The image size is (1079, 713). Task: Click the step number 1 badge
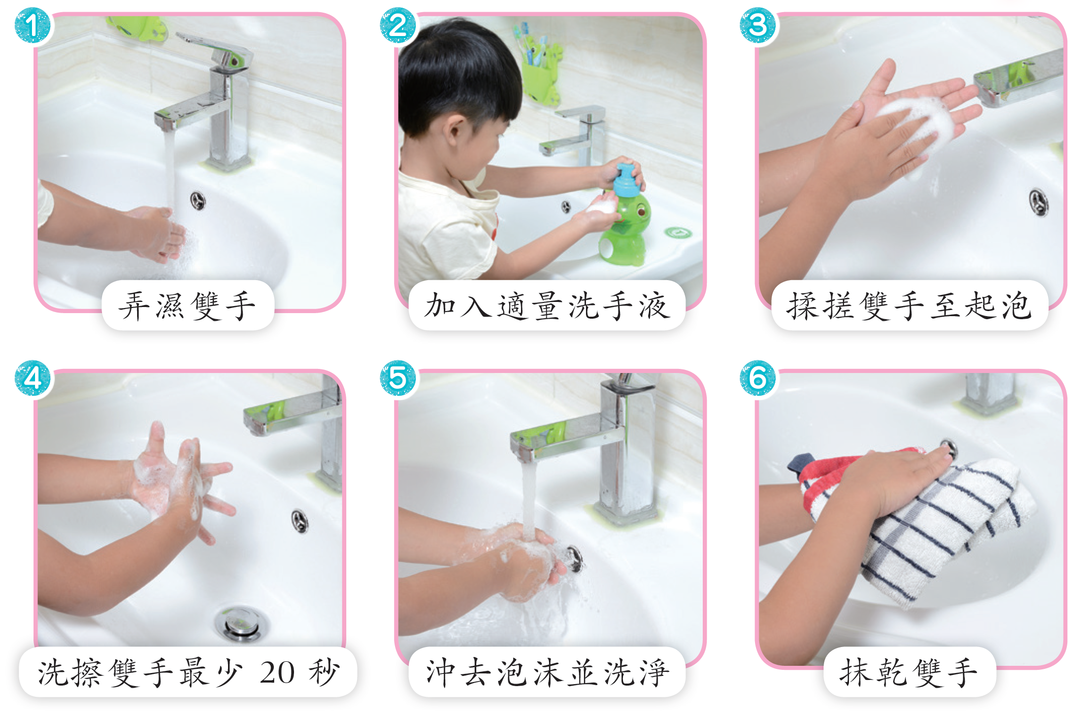pyautogui.click(x=32, y=25)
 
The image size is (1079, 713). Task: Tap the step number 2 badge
pyautogui.click(x=398, y=25)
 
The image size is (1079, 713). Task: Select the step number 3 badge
pyautogui.click(x=758, y=25)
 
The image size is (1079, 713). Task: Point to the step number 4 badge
pyautogui.click(x=32, y=379)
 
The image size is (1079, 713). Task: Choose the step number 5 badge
pyautogui.click(x=398, y=379)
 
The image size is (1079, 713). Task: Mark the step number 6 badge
pyautogui.click(x=758, y=379)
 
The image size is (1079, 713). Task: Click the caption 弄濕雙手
pyautogui.click(x=187, y=306)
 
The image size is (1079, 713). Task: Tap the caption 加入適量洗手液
pyautogui.click(x=547, y=306)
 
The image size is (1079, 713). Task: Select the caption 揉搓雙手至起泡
pyautogui.click(x=909, y=306)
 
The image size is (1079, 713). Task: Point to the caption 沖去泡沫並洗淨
pyautogui.click(x=547, y=673)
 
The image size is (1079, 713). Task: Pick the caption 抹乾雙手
pyautogui.click(x=909, y=673)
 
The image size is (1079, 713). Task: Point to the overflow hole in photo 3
pyautogui.click(x=1038, y=202)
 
